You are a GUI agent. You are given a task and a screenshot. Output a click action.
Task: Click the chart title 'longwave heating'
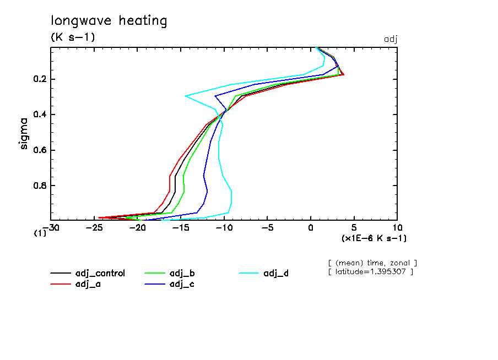109,21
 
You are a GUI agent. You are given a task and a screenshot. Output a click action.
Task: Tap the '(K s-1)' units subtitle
73,38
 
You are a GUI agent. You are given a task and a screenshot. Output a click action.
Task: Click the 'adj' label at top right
390,39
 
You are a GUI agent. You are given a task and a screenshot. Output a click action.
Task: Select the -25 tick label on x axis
94,227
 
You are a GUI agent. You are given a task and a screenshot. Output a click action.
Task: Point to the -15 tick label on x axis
181,227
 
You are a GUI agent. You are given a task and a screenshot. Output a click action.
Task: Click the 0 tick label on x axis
311,227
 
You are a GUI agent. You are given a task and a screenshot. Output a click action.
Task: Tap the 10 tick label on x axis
397,227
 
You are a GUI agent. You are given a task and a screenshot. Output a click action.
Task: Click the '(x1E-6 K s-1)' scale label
373,238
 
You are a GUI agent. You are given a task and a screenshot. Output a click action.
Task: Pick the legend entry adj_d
275,273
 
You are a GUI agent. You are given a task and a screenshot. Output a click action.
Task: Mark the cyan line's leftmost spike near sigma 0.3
186,96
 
